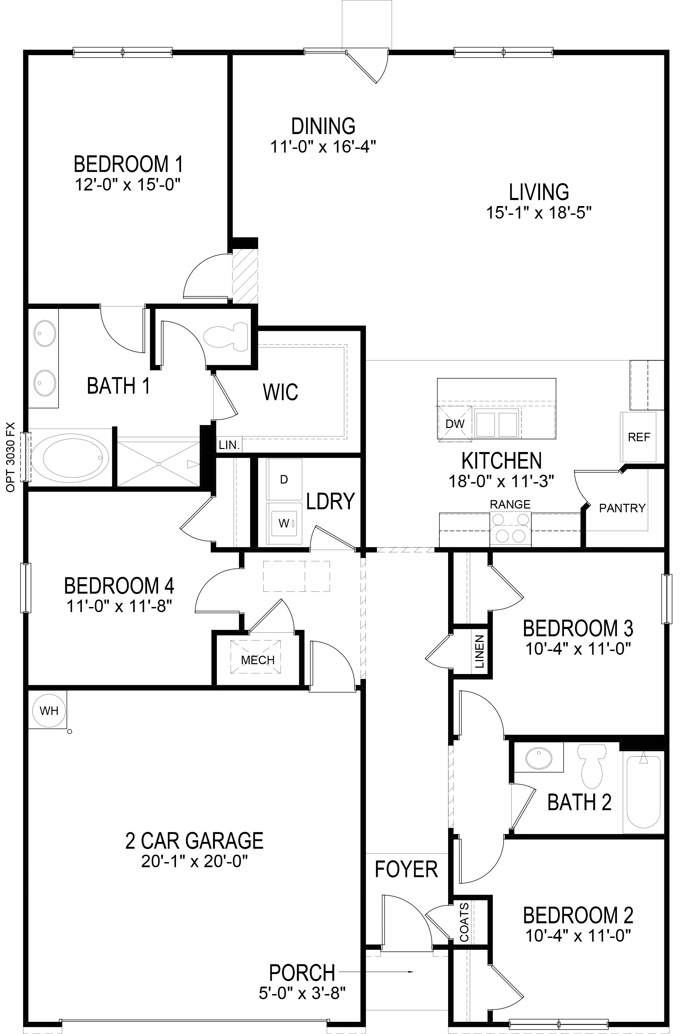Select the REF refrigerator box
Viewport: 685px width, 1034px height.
tap(639, 437)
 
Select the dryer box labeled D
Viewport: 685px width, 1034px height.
tap(284, 479)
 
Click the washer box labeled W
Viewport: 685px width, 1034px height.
tap(284, 523)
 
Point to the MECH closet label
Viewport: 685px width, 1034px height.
tap(258, 660)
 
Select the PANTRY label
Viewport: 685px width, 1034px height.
tap(622, 508)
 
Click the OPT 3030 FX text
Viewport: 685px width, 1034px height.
tap(11, 457)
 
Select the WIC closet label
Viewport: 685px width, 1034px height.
tap(281, 392)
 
